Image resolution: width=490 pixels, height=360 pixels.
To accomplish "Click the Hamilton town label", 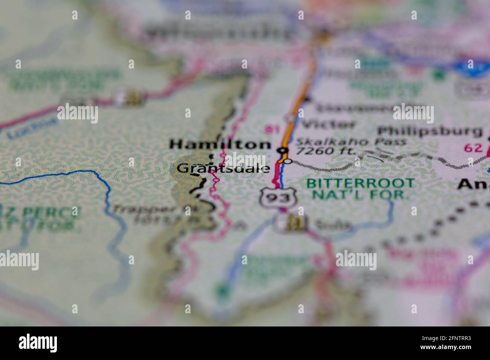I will click(x=220, y=144).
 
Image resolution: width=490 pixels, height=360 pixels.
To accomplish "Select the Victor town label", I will click(x=329, y=124).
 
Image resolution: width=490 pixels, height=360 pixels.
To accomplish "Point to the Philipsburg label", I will click(x=430, y=131).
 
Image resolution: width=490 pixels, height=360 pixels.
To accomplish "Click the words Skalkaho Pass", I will click(x=351, y=142).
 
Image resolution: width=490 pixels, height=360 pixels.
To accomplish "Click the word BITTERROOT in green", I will click(x=360, y=183).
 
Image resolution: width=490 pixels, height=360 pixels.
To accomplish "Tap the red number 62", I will click(x=473, y=148).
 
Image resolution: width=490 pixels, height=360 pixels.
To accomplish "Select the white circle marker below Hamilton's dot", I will click(x=288, y=161).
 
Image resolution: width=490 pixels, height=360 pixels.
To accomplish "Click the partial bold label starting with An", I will click(x=473, y=184).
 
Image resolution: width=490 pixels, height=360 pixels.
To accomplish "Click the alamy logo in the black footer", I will click(x=38, y=343).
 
